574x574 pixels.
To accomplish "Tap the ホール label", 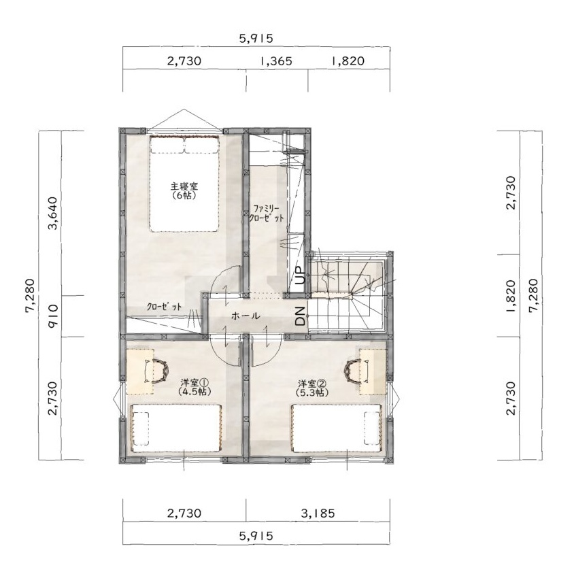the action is [246, 316].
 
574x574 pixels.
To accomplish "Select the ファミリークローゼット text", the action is [266, 214].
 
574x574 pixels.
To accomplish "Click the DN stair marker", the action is [300, 316].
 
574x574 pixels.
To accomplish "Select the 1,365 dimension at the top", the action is [276, 61].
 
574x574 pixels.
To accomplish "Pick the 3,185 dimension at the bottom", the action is [318, 513].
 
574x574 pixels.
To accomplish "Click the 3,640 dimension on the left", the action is [54, 213].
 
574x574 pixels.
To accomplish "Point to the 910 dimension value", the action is [54, 316].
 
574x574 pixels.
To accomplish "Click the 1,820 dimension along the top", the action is [348, 61].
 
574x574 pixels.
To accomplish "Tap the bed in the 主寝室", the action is [184, 184].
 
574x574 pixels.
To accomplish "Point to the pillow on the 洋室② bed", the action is [372, 428].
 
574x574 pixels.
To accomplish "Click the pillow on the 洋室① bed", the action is [141, 428].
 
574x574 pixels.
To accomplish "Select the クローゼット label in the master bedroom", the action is [164, 307].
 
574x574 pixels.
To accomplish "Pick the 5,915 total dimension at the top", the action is [256, 39].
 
